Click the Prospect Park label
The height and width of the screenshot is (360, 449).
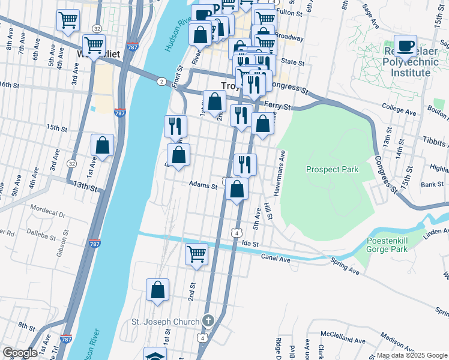pyautogui.click(x=332, y=169)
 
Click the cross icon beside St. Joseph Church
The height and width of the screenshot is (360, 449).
pyautogui.click(x=208, y=321)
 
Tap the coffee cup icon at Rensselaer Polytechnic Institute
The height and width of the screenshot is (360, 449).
pyautogui.click(x=406, y=46)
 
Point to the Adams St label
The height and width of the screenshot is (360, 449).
pyautogui.click(x=203, y=186)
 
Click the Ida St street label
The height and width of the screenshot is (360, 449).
pyautogui.click(x=250, y=244)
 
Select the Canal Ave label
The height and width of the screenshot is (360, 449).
pyautogui.click(x=276, y=258)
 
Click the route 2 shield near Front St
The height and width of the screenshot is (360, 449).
pyautogui.click(x=161, y=81)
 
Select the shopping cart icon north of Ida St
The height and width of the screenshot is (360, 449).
pyautogui.click(x=196, y=254)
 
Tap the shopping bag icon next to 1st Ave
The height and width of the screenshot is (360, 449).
pyautogui.click(x=103, y=145)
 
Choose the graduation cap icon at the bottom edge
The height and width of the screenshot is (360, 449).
pyautogui.click(x=155, y=355)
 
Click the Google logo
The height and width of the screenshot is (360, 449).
pyautogui.click(x=20, y=353)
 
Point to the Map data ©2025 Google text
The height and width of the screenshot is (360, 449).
pyautogui.click(x=411, y=355)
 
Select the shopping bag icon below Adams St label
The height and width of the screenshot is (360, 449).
pyautogui.click(x=238, y=190)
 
